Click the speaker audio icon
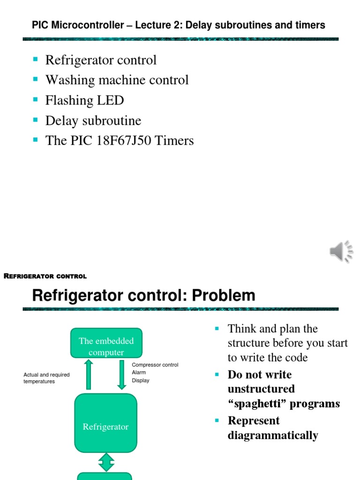(341, 251)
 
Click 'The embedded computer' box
(106, 346)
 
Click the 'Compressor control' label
(155, 365)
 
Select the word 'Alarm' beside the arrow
(139, 373)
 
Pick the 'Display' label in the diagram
(141, 381)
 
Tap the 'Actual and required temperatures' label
(46, 378)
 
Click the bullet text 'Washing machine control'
(117, 80)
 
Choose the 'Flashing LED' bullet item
(84, 100)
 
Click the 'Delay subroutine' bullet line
(93, 120)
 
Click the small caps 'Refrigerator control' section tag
(45, 276)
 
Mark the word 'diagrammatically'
(273, 435)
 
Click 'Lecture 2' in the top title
(157, 25)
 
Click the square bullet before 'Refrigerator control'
(35, 59)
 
